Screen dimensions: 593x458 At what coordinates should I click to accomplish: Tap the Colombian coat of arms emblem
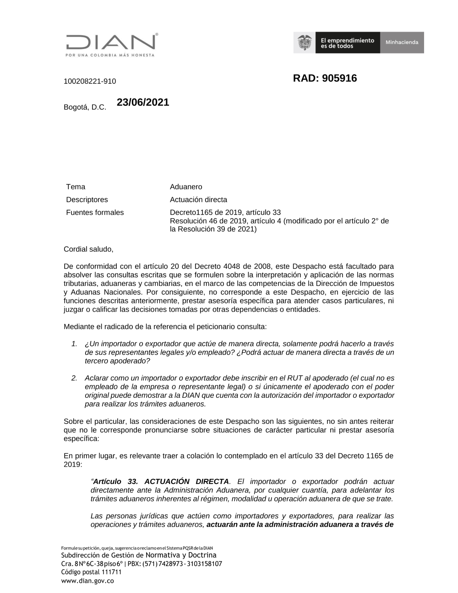304,43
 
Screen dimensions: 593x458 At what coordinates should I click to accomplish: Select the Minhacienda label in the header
402,42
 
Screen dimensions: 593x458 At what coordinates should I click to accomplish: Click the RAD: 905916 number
325,78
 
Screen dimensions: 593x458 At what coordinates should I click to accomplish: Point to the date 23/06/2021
143,103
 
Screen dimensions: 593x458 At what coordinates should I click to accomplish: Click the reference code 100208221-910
90,82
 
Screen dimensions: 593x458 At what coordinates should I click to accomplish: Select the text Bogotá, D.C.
85,108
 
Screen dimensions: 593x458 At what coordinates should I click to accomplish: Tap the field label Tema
76,187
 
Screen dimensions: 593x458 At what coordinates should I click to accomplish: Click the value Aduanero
186,187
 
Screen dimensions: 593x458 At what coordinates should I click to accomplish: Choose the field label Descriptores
87,200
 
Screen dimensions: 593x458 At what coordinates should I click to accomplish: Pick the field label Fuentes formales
95,213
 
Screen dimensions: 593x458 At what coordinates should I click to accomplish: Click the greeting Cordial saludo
88,249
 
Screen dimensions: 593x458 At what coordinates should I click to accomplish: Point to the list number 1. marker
74,344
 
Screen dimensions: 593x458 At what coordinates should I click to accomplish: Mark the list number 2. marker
74,379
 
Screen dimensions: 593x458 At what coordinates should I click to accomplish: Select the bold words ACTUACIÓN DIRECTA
186,482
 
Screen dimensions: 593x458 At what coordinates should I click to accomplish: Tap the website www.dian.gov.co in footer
87,581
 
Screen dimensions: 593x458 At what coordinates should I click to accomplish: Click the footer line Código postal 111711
91,572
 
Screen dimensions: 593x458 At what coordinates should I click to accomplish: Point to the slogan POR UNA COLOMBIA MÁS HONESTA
110,55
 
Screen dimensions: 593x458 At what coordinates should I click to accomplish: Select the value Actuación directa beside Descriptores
198,200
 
